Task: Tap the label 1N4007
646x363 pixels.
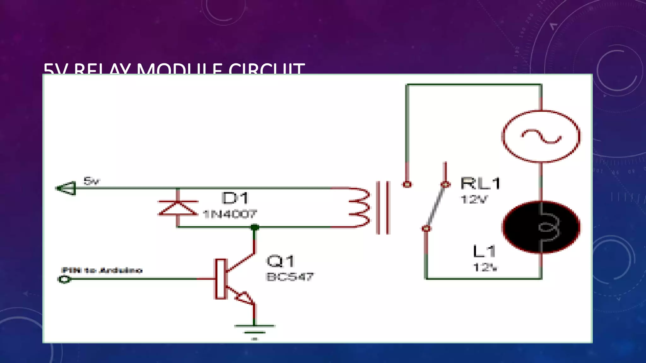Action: (x=230, y=214)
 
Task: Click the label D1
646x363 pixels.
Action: (x=235, y=198)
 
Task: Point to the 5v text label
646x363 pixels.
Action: (x=91, y=181)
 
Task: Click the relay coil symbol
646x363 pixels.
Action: (x=360, y=207)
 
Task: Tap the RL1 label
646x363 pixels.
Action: (x=480, y=183)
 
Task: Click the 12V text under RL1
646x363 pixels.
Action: (x=474, y=199)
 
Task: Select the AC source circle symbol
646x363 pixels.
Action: (x=541, y=136)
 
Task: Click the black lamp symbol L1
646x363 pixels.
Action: (x=541, y=227)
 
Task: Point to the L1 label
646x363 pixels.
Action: (x=484, y=251)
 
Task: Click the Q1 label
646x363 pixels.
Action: (x=280, y=261)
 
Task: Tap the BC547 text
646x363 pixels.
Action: (x=290, y=277)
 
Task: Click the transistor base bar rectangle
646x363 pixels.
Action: (x=220, y=279)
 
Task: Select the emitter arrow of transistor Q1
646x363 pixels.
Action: (x=244, y=297)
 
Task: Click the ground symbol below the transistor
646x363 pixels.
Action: (x=254, y=330)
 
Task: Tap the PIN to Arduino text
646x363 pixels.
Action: (x=102, y=270)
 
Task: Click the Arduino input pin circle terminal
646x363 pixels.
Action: (x=64, y=279)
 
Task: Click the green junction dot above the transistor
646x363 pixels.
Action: (x=255, y=227)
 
